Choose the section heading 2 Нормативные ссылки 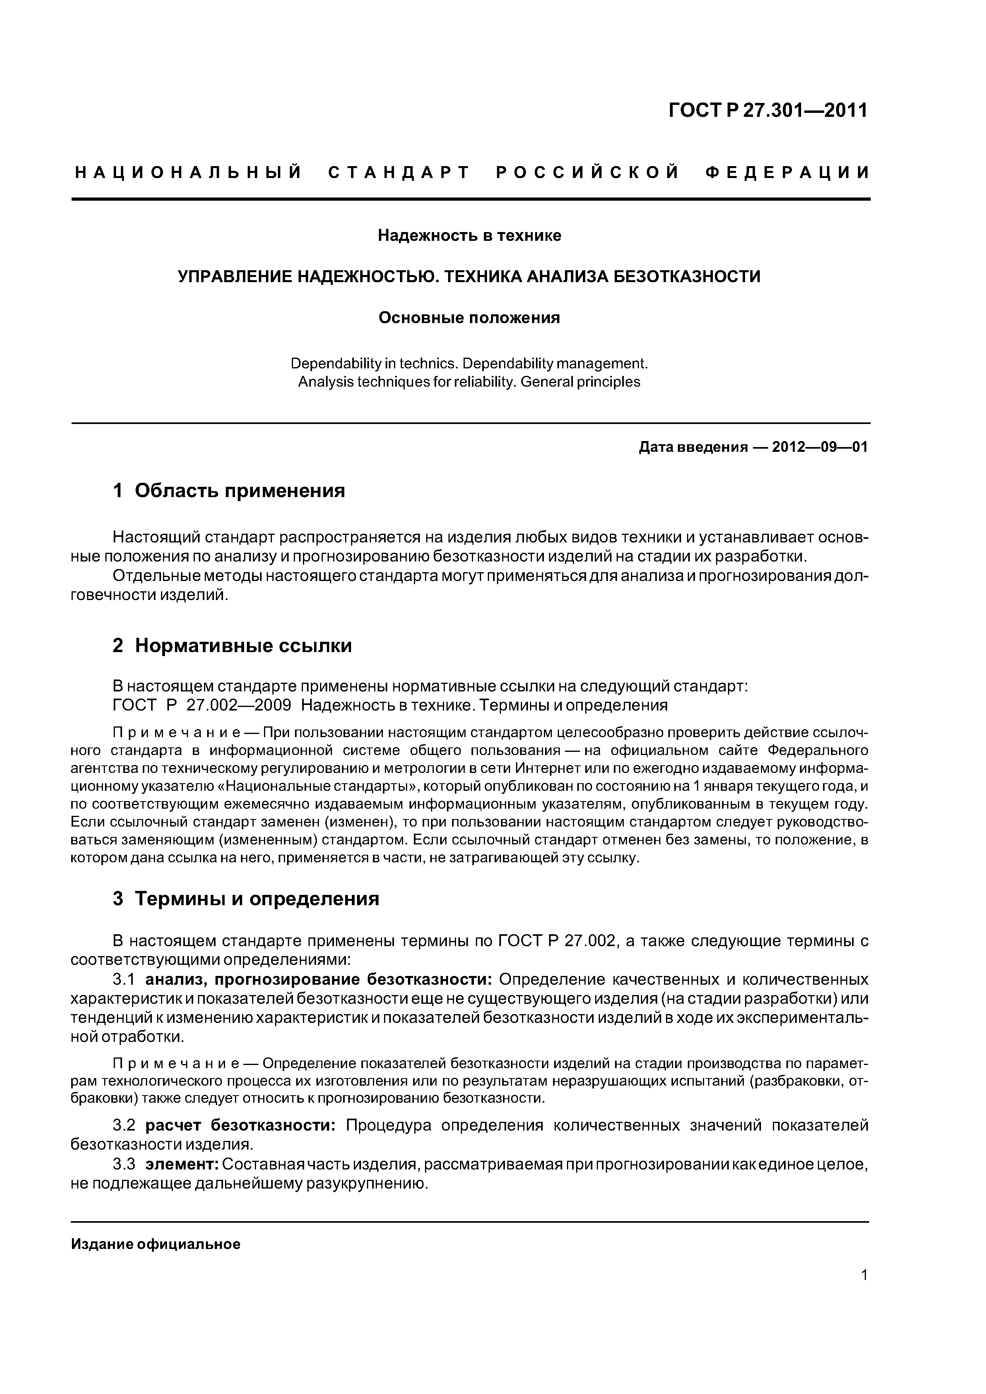click(x=232, y=645)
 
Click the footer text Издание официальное click(x=155, y=1244)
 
